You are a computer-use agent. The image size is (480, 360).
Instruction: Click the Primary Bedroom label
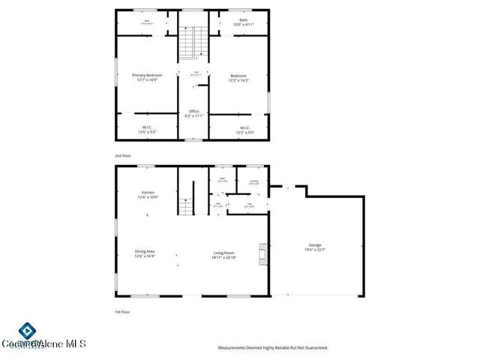click(147, 76)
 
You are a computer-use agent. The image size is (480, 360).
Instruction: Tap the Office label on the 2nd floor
click(193, 111)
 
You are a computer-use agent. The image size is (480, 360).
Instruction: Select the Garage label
click(315, 245)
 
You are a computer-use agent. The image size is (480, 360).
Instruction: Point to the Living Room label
click(224, 253)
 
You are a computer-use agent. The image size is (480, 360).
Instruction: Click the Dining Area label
click(144, 251)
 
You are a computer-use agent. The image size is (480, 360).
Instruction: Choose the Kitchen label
click(147, 193)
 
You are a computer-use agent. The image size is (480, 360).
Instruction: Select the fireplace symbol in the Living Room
click(262, 255)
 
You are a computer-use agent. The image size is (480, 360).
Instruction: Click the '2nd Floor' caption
click(122, 155)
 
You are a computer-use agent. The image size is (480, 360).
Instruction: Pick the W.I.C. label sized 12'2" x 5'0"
click(244, 128)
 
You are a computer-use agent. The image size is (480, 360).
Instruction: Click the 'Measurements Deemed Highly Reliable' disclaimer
click(272, 348)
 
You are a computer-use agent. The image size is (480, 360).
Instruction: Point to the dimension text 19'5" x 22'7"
click(315, 250)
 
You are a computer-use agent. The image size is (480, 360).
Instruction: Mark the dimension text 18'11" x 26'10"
click(224, 257)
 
